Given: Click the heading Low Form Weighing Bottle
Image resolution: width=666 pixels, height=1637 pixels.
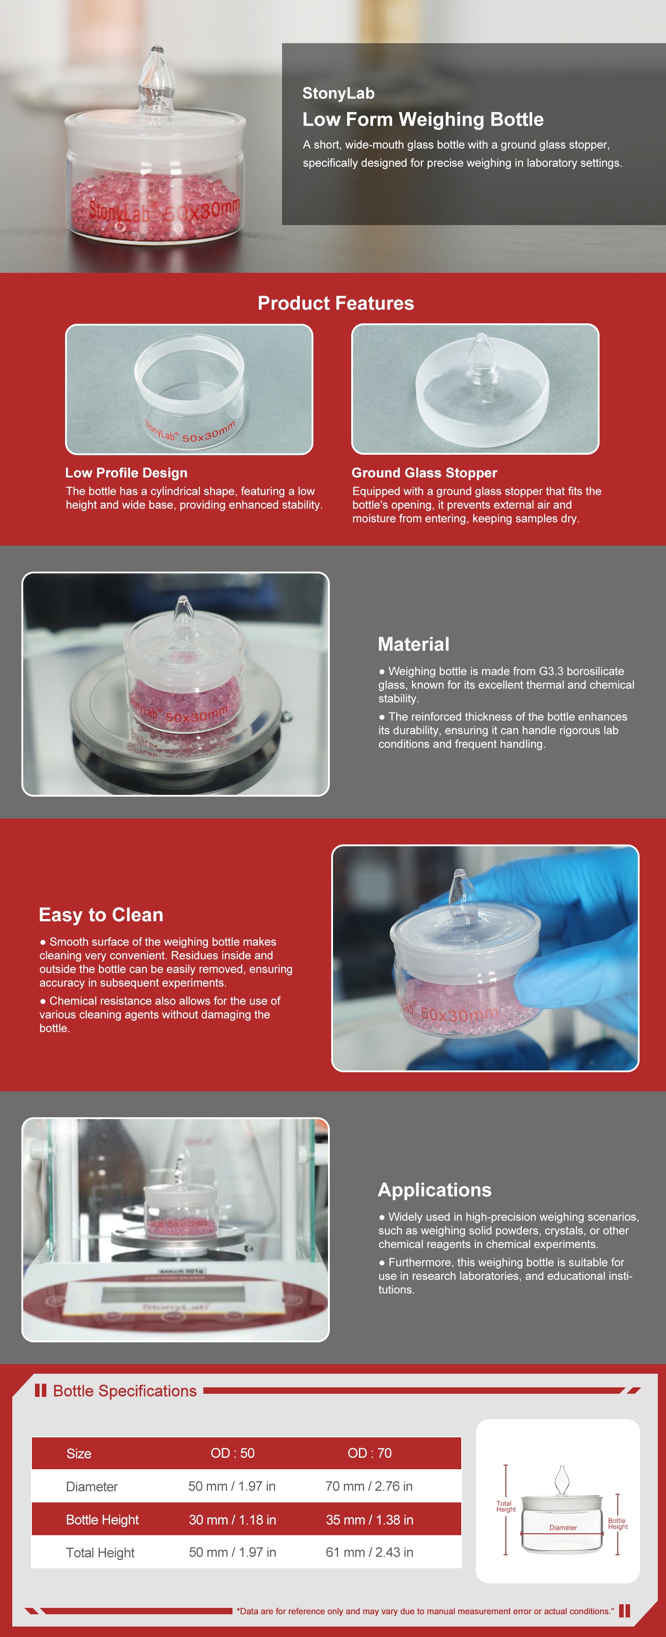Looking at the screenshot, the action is (x=423, y=120).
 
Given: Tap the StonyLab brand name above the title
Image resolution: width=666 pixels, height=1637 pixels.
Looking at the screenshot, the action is (x=338, y=93).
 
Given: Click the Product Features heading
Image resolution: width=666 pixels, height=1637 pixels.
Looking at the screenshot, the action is (x=336, y=303).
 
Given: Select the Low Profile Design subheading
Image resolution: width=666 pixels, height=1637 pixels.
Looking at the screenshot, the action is (x=126, y=473).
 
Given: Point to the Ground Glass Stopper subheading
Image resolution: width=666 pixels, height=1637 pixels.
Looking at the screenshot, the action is (x=424, y=473).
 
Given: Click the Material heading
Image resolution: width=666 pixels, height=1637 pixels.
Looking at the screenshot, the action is (x=414, y=644).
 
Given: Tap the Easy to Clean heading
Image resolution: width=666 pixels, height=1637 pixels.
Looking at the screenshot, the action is (x=101, y=914).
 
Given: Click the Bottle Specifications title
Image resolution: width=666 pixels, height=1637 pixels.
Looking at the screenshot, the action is (x=125, y=1391).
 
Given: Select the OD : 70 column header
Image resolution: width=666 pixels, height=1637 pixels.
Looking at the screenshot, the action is (x=369, y=1453).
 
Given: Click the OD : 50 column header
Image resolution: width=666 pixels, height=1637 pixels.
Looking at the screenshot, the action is (x=232, y=1453).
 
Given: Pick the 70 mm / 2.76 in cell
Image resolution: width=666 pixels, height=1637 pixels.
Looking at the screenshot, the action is (x=369, y=1486).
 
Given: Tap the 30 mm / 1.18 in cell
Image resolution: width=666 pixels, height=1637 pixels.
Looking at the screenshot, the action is (x=232, y=1519).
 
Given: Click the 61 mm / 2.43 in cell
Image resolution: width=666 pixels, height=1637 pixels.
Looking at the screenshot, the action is (x=369, y=1552).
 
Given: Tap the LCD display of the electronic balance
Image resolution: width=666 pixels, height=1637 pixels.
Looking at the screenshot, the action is (x=173, y=1293).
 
